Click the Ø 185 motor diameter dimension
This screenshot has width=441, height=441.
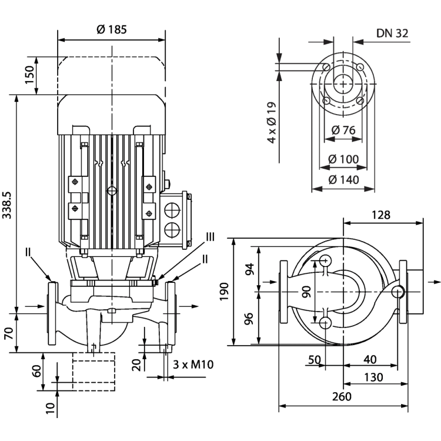coord(111,29)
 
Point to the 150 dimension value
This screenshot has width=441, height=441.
coord(29,75)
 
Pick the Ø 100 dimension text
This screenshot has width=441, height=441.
coord(343,159)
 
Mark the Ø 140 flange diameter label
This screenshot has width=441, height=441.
coord(343,180)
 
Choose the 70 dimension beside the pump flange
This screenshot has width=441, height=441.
coord(8,333)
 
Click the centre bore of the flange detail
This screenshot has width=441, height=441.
coord(342,82)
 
